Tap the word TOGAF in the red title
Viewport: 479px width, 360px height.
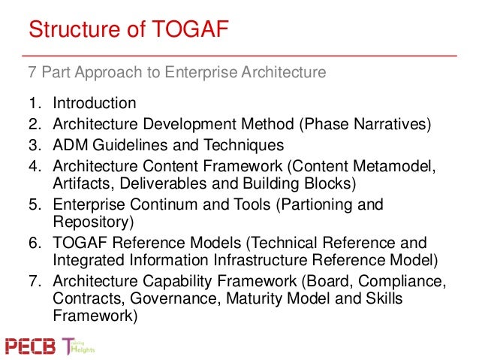[x=188, y=31]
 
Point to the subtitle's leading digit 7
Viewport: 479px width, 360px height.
[x=32, y=73]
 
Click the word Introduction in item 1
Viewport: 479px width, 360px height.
[x=94, y=104]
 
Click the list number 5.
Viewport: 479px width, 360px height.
[x=33, y=205]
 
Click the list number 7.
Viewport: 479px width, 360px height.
[x=33, y=283]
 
